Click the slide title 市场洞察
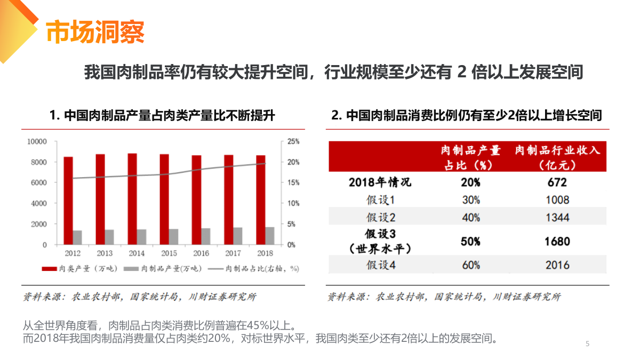(x=95, y=33)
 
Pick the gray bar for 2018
(x=270, y=236)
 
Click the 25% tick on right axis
(x=293, y=141)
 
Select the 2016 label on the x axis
(x=201, y=253)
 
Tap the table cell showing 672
(x=557, y=182)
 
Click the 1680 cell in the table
(x=557, y=242)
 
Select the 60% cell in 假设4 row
(x=470, y=265)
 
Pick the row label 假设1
(x=380, y=200)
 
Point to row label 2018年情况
(x=380, y=182)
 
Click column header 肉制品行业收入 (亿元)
(x=557, y=157)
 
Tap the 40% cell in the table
(x=470, y=218)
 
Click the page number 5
(x=587, y=343)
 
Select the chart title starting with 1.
(x=162, y=115)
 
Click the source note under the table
(x=444, y=297)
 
